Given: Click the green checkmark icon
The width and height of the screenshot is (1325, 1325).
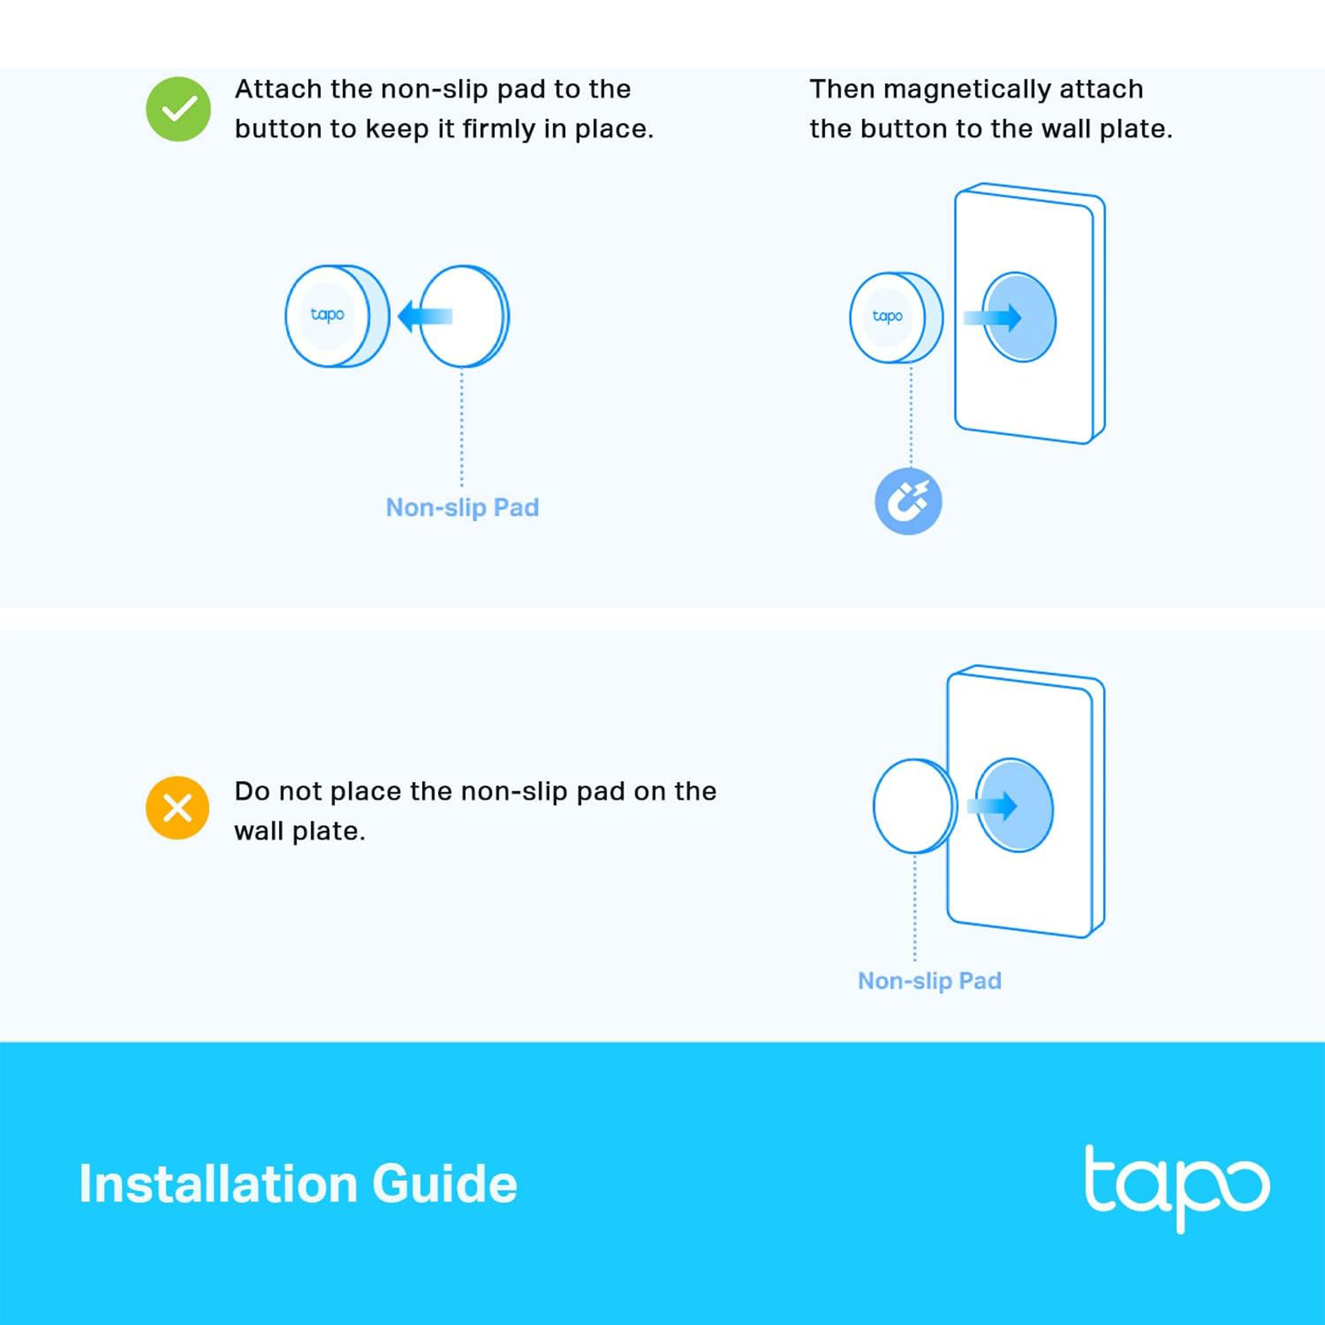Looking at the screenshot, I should pos(178,109).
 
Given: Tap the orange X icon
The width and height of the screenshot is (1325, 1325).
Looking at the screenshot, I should pos(178,808).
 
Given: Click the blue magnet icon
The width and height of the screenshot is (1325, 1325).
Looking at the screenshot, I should pos(908,502).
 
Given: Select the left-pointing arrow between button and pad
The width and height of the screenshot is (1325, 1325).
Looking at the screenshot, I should pos(425,316).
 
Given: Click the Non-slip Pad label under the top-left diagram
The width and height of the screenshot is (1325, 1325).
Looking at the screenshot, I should pos(462,507).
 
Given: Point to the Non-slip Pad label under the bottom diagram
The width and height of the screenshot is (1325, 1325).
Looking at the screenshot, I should pos(929,980).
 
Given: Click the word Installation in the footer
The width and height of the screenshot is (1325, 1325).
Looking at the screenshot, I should pos(218,1185).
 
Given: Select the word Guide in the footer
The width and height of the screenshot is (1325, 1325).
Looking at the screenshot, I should pos(445,1185).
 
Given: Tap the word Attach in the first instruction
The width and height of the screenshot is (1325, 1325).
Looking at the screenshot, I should pos(278,89).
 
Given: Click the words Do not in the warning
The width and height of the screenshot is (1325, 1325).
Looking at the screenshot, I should pos(278,792).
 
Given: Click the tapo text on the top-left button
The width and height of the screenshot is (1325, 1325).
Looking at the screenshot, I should pos(327,315).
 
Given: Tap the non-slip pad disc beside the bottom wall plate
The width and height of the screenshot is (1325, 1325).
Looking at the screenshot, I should pos(914,806).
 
